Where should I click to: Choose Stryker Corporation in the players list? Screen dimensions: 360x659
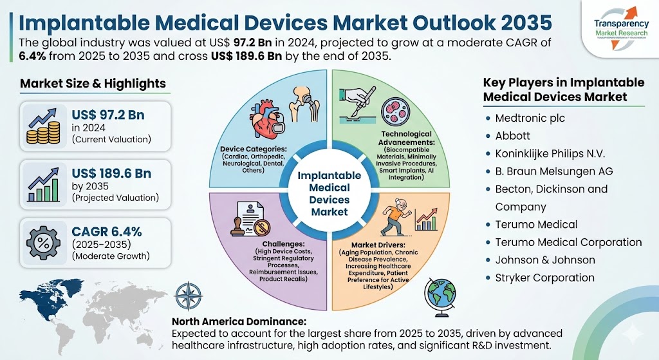(544, 278)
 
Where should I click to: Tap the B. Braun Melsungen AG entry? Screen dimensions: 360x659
(553, 171)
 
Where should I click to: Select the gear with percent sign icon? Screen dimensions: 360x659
(42, 244)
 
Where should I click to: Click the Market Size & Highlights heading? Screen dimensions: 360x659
(93, 84)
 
